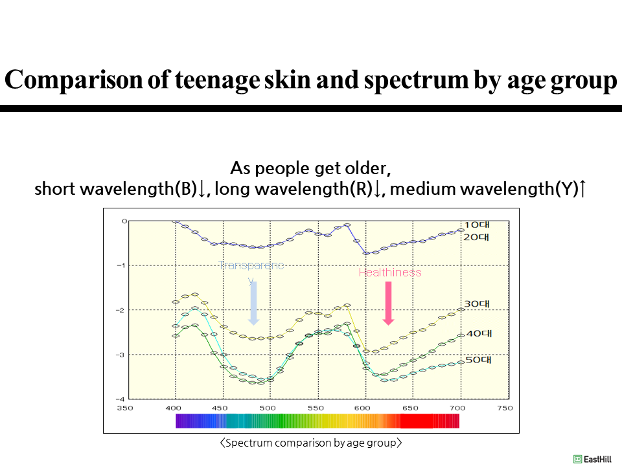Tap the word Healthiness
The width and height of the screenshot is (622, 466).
390,272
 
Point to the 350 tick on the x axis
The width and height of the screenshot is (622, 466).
124,408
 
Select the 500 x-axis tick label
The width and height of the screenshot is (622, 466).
268,408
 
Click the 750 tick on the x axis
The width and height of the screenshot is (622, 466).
505,408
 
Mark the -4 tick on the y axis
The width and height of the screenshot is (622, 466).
122,399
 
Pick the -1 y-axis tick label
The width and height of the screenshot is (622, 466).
122,265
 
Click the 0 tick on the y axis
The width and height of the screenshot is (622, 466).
124,221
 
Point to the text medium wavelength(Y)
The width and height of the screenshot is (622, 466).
484,189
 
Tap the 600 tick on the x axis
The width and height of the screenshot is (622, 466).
362,408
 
